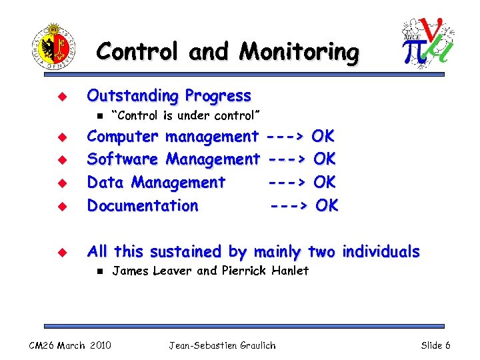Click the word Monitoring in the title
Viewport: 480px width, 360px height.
pos(299,51)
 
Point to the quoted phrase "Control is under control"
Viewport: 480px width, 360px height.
pos(185,116)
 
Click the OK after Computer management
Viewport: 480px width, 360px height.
pos(323,137)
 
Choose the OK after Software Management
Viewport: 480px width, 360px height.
pos(324,159)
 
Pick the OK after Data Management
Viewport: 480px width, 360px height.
pos(324,182)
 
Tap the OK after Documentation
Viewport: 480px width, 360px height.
pos(327,205)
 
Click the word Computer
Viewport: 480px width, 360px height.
pos(123,137)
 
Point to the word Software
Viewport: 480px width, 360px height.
pos(123,159)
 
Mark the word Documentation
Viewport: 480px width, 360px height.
pos(143,205)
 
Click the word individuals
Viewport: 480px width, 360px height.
pos(381,251)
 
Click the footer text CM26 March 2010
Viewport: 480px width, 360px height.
pos(70,345)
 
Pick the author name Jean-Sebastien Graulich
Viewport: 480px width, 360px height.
pos(222,345)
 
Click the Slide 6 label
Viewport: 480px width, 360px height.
pos(435,345)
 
